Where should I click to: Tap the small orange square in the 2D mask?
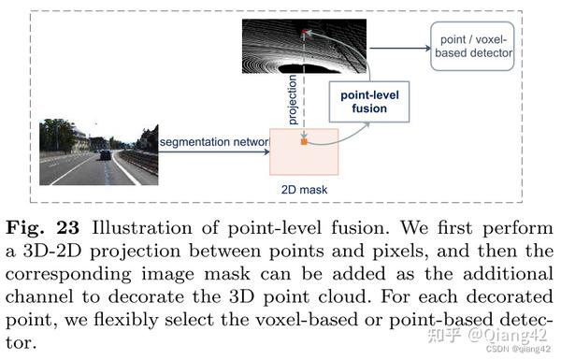[x=304, y=143]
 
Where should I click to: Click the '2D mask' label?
[x=303, y=189]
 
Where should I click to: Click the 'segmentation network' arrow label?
[x=214, y=141]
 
